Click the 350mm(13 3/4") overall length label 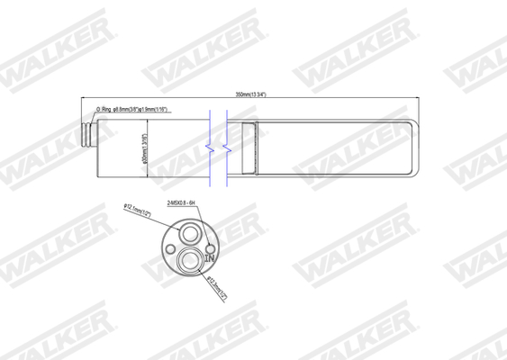(x=249, y=94)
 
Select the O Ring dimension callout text (x=140, y=110)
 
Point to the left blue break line (x=209, y=144)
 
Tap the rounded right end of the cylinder (x=415, y=145)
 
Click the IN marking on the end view (x=209, y=258)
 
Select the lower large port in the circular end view (x=189, y=262)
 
